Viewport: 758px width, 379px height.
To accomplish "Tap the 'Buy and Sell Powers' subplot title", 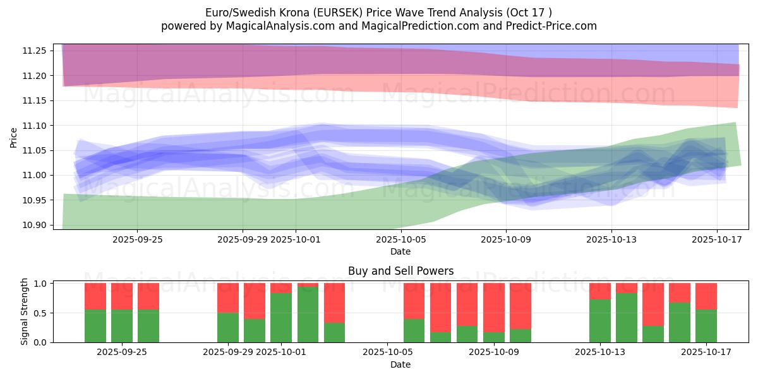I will tap(400, 271).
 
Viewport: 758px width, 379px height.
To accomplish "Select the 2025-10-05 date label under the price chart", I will tap(400, 240).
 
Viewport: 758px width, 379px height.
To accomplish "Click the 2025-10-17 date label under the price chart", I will tap(716, 240).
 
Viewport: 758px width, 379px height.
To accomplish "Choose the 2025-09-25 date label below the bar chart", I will tap(122, 352).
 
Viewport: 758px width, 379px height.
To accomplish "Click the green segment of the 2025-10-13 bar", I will tap(599, 321).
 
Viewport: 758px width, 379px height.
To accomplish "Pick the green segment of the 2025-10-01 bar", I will tap(281, 318).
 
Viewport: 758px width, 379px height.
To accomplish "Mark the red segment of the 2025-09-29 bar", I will tap(228, 298).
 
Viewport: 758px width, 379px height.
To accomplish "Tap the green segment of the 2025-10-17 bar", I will tap(706, 326).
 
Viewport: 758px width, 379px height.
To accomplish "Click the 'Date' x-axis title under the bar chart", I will tap(400, 364).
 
